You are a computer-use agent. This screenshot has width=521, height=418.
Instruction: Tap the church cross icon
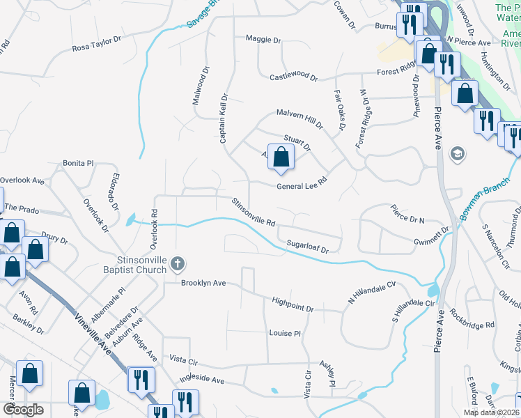(x=178, y=263)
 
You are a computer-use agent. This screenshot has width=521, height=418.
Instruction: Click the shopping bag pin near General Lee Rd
(x=280, y=157)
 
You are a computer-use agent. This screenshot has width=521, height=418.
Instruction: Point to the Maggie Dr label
(x=262, y=40)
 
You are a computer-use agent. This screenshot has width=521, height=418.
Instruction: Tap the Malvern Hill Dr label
(x=300, y=118)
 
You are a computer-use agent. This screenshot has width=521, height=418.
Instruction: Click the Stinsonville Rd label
(x=254, y=214)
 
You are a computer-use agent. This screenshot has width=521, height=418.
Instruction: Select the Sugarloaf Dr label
(x=313, y=245)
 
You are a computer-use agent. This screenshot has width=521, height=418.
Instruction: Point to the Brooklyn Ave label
(x=203, y=284)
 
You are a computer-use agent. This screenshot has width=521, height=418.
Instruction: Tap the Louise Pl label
(x=284, y=334)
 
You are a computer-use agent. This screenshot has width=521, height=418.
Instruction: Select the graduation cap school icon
(x=458, y=153)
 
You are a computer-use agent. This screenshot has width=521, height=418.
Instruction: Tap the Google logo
(x=22, y=410)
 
